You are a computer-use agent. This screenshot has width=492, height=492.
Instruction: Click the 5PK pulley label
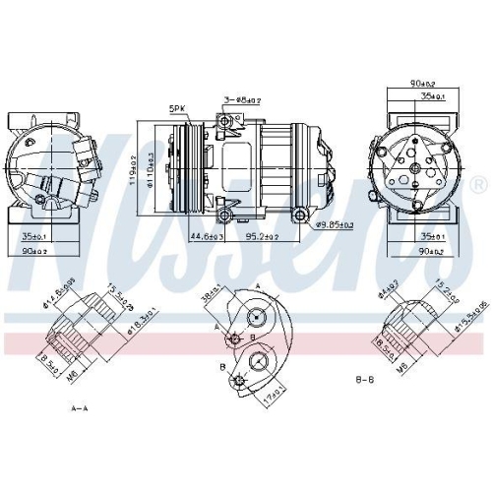point(177,110)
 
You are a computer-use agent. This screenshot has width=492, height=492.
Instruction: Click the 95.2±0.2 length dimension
point(262,237)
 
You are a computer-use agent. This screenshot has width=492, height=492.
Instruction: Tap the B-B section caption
point(365,377)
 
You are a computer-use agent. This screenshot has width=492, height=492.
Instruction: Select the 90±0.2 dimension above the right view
point(424,85)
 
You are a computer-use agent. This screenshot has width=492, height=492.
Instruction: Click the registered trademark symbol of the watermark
point(477,185)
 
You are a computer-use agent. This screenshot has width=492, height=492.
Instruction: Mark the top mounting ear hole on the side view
point(227,120)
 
